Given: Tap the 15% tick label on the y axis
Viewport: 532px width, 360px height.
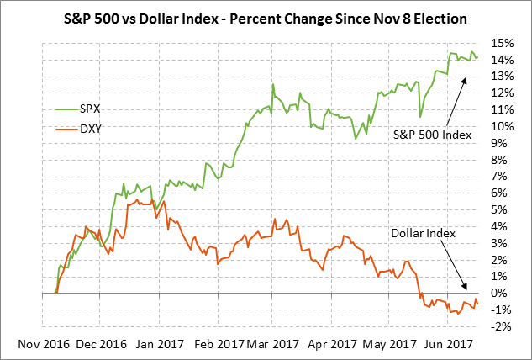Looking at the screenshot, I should click(x=503, y=43).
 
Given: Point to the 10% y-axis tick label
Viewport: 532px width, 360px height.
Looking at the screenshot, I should click(x=503, y=126).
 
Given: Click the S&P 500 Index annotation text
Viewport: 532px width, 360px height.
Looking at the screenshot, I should click(x=432, y=134).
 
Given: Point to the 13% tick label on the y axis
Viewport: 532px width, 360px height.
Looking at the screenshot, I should click(x=503, y=77).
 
